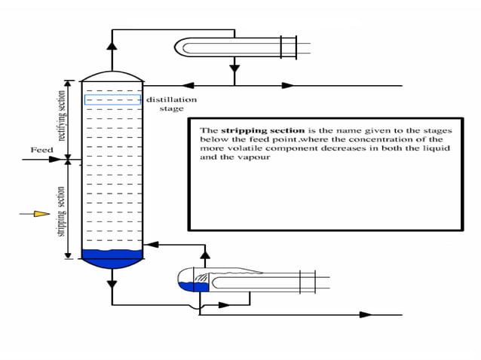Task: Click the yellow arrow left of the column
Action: tap(41, 214)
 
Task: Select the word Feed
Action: tap(41, 151)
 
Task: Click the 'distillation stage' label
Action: tap(171, 104)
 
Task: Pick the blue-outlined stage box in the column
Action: tap(112, 99)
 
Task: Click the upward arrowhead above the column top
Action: tap(112, 44)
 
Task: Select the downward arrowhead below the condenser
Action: tap(234, 69)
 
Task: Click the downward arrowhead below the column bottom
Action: tap(112, 283)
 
